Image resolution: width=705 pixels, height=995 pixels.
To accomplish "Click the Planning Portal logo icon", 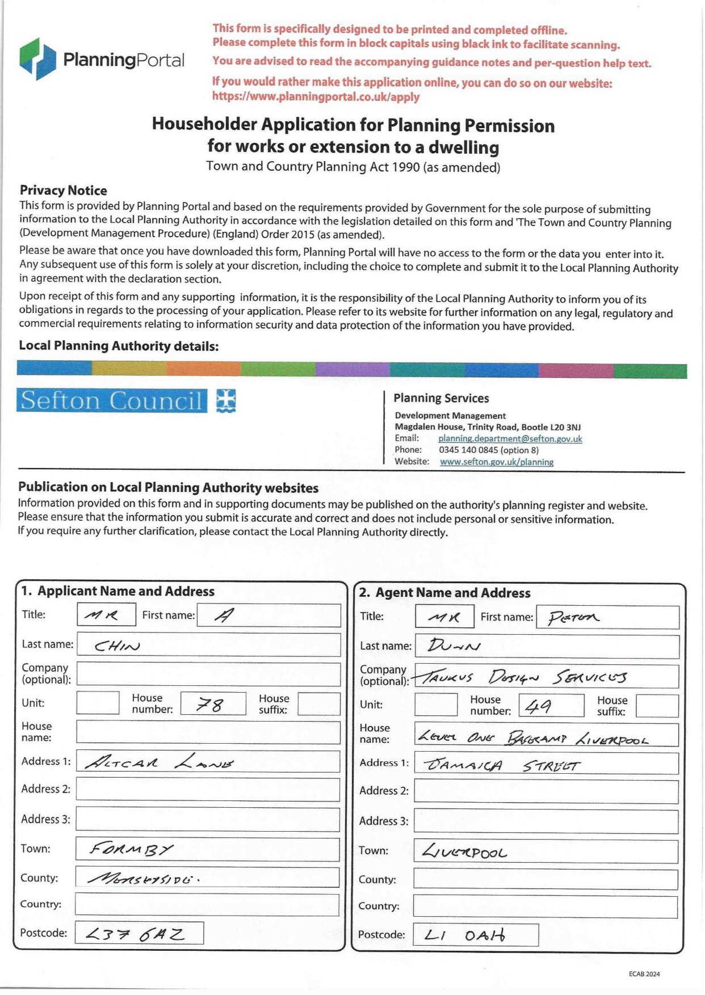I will click(x=38, y=59).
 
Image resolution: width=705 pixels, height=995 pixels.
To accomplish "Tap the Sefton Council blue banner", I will click(x=112, y=400).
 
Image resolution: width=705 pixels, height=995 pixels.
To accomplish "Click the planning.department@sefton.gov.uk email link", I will click(x=510, y=439).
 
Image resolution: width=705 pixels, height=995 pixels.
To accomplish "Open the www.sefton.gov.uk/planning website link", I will click(x=497, y=462).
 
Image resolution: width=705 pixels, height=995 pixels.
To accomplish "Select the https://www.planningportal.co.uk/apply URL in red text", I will click(x=316, y=96).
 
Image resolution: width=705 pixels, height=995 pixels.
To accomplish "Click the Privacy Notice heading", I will click(x=63, y=190).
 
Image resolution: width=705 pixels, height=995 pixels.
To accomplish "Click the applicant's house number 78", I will click(x=210, y=705).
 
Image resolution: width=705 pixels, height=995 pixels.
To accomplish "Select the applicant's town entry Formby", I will click(x=131, y=849).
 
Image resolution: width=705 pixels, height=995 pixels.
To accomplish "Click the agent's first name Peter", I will click(x=573, y=617).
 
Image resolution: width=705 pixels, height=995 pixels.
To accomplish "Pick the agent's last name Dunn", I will click(x=454, y=646).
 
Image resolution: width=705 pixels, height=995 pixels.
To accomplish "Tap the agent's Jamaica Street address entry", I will click(x=502, y=765).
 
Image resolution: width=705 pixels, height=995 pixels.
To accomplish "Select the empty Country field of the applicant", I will click(x=207, y=905).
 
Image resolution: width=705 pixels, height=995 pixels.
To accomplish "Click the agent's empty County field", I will click(x=545, y=880).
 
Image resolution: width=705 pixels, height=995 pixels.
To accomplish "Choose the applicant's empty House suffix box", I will click(x=318, y=704).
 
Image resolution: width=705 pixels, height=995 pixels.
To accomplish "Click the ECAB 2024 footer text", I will click(x=644, y=974).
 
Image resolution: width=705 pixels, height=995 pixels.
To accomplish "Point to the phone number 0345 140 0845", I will click(x=488, y=450).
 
